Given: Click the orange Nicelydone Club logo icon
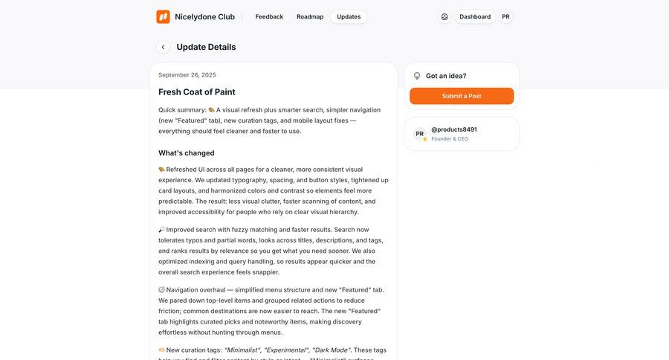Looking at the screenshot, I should (x=163, y=16).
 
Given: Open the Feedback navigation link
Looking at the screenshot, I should (x=269, y=16).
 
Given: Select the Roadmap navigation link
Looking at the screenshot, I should (x=310, y=16).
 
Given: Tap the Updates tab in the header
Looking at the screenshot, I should (x=349, y=16).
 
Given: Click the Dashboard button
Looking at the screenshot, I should (x=475, y=16).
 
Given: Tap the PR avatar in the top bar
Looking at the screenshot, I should (x=505, y=16).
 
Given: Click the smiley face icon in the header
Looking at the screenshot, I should (x=445, y=16).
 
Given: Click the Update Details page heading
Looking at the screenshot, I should (x=206, y=47).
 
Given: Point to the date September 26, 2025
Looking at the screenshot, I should (x=187, y=75).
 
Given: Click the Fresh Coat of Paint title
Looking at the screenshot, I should (x=197, y=92).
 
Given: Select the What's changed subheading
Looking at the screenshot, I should (x=187, y=153).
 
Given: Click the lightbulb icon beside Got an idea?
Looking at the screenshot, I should (x=417, y=76).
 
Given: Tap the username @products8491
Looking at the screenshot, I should (x=454, y=129).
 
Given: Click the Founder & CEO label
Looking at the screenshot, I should (x=450, y=139).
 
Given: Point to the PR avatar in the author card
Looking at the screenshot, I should (x=420, y=134).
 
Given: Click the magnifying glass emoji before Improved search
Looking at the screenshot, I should (x=162, y=230).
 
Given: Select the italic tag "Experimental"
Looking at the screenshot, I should (x=286, y=350).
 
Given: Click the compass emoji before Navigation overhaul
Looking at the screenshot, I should (x=162, y=290).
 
